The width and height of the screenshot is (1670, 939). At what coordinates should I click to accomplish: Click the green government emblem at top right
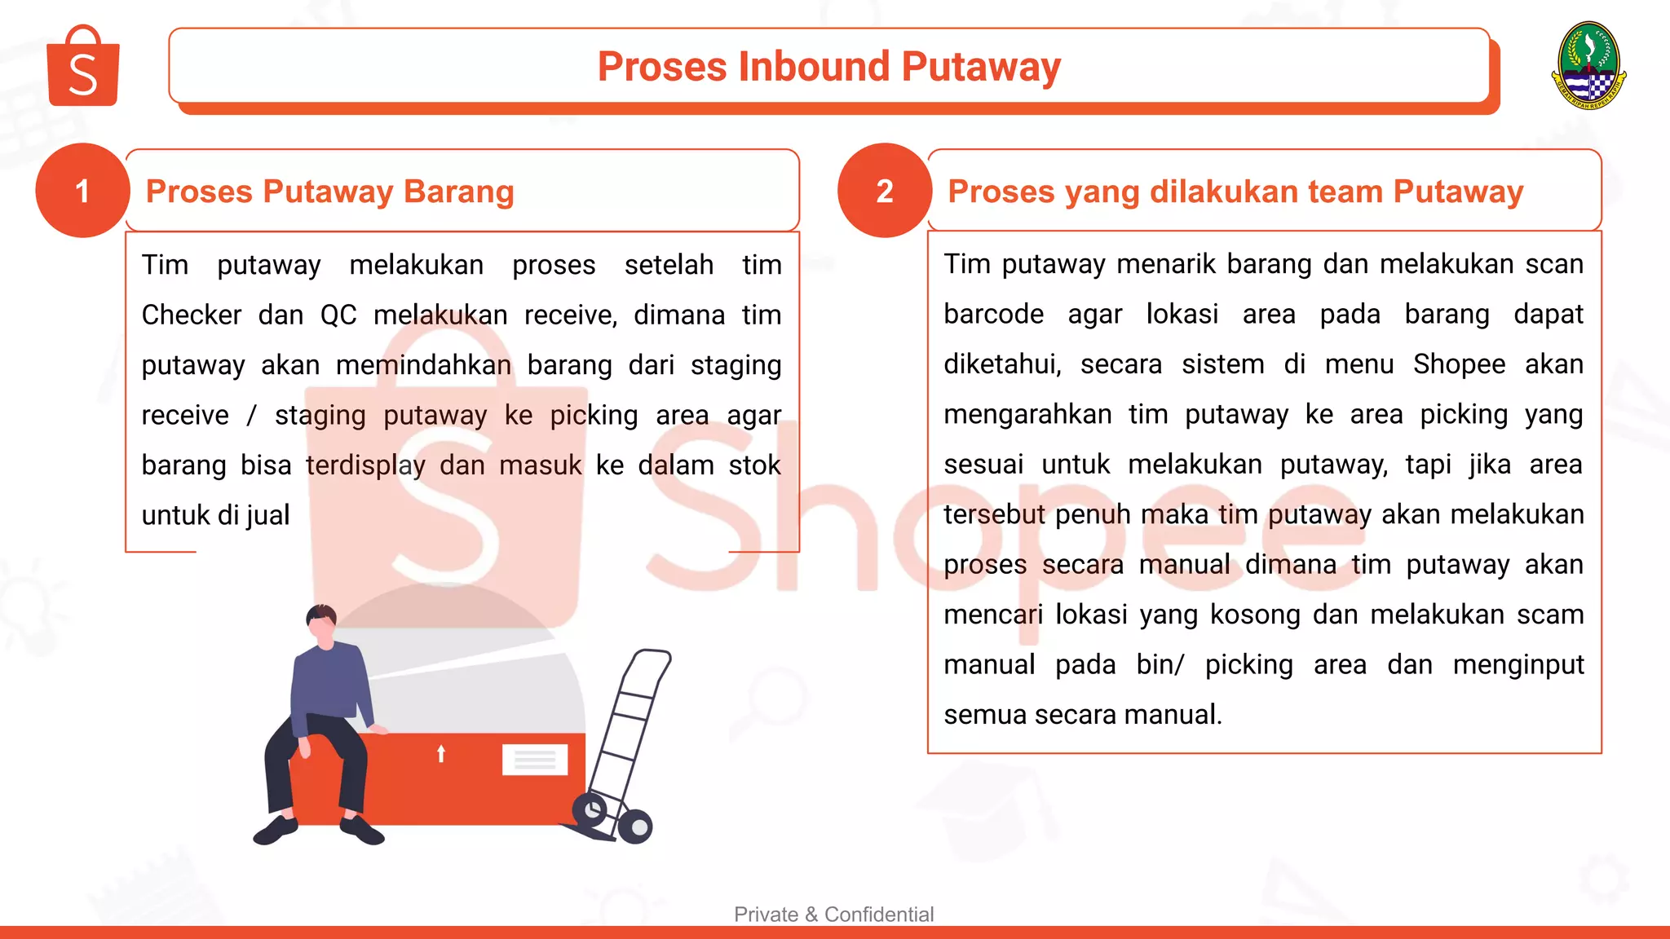1588,65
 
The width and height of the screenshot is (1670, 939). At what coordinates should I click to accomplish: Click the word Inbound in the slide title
814,67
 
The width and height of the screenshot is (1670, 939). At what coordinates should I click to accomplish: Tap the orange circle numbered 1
82,191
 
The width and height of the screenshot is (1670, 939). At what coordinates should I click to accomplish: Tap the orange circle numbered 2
885,191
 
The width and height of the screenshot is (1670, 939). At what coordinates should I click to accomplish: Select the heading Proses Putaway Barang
329,192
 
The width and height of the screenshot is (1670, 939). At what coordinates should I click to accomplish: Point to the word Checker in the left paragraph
192,315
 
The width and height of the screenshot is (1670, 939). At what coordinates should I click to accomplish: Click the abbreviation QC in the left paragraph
338,315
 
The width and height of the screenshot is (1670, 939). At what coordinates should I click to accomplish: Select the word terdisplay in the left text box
365,465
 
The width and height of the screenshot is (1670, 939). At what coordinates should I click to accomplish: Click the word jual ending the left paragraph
267,515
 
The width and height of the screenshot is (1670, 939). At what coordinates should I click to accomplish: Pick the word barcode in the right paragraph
993,315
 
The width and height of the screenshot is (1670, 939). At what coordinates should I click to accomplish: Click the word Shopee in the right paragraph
1459,364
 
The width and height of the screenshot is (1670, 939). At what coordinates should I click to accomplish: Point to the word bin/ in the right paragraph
1160,664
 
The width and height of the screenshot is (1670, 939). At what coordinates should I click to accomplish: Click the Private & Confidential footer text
833,915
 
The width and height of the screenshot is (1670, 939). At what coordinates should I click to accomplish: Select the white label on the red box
535,760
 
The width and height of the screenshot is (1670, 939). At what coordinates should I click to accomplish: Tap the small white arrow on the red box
441,753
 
